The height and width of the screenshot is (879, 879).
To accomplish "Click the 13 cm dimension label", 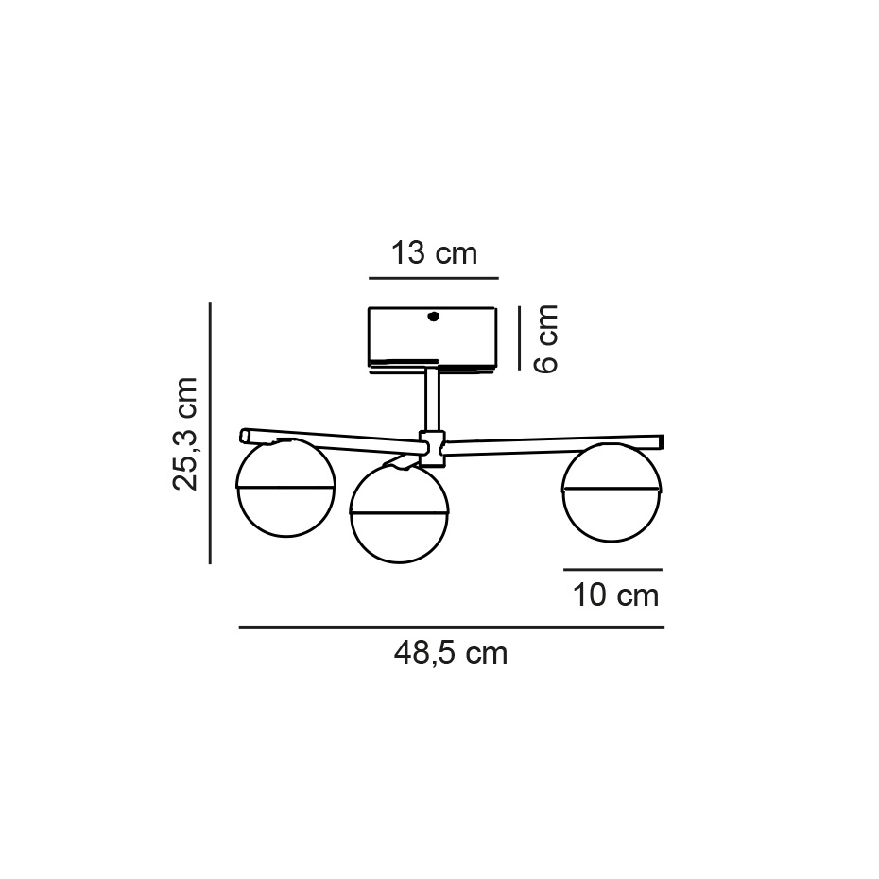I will click(x=434, y=253).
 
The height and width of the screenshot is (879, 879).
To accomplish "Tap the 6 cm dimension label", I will click(x=546, y=337).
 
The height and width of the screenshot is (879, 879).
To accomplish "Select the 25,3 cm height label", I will click(x=186, y=433).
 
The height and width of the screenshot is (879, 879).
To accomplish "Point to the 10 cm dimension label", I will click(x=615, y=595).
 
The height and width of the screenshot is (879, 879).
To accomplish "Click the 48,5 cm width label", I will click(x=451, y=652).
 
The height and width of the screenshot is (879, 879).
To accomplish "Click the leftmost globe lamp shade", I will click(x=285, y=489).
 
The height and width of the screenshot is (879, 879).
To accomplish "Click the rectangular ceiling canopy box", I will click(x=432, y=336).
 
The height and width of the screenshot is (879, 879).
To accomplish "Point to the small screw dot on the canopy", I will click(x=433, y=318).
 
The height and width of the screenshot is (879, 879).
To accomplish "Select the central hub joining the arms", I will click(x=432, y=448).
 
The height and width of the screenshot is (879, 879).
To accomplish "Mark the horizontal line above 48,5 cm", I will click(x=451, y=627).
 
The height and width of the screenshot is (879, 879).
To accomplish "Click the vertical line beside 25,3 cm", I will click(x=210, y=433).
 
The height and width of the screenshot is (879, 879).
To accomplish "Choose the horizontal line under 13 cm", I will click(x=433, y=278).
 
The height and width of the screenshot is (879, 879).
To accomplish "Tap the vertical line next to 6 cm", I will click(x=520, y=337).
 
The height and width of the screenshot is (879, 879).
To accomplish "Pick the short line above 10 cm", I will click(x=612, y=570).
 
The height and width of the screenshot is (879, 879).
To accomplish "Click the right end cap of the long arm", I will click(x=661, y=441).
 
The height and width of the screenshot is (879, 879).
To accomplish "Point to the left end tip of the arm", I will click(x=244, y=437).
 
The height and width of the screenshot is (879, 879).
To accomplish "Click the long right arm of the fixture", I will click(x=553, y=445).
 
